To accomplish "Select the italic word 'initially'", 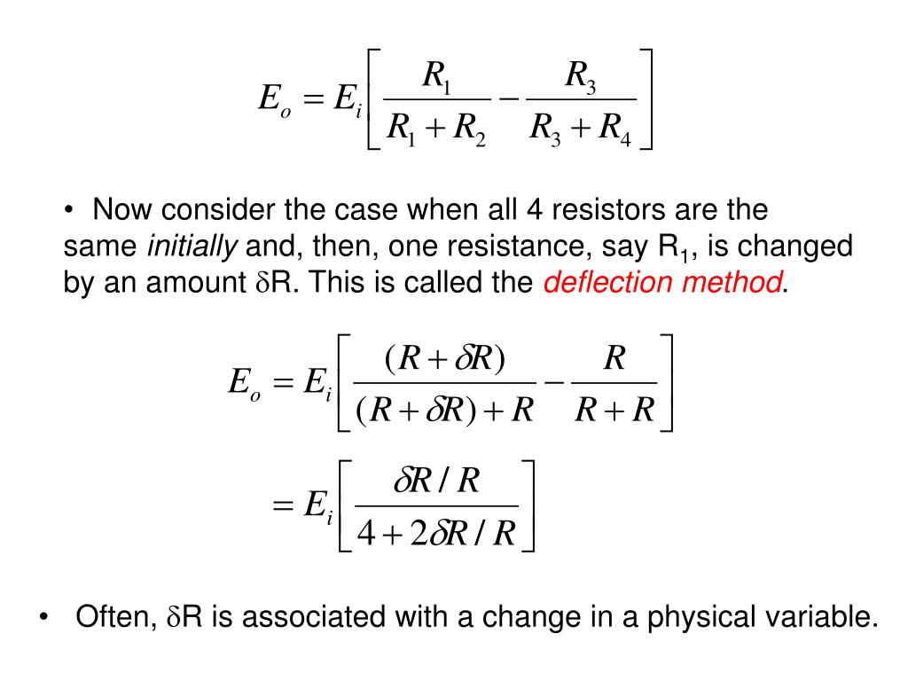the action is [192, 247].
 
